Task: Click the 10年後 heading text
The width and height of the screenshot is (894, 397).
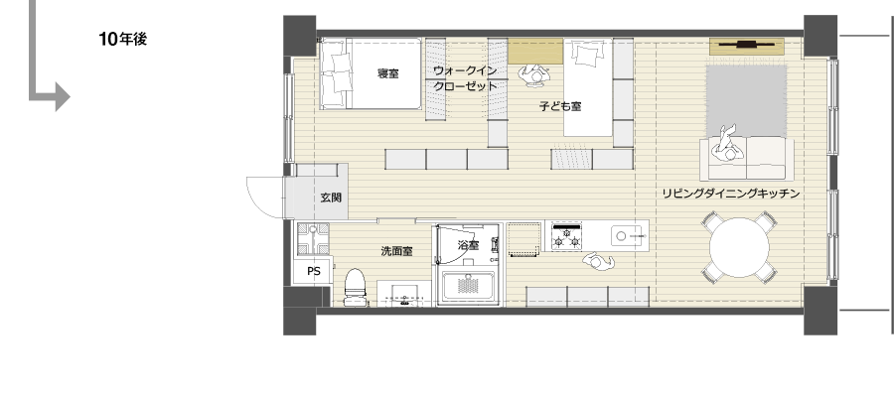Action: (x=122, y=39)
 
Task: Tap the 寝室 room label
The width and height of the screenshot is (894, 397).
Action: (x=387, y=72)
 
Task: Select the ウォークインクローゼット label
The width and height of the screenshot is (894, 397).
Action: (x=465, y=78)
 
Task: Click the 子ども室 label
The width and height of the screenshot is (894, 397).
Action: (x=560, y=106)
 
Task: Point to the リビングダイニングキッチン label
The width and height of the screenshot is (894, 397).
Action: (x=731, y=194)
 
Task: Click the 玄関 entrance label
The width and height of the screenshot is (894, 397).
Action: (x=331, y=198)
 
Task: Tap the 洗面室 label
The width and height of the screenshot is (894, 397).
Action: (x=396, y=251)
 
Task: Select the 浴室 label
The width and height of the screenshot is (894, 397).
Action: (x=469, y=245)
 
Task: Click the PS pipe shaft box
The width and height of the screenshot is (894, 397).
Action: (x=313, y=271)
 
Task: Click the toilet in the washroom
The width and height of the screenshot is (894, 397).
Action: (x=356, y=287)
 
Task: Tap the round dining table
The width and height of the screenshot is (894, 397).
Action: (x=739, y=248)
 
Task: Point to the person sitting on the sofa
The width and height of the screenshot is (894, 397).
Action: (x=727, y=144)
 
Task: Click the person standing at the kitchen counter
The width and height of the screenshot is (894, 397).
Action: (x=598, y=261)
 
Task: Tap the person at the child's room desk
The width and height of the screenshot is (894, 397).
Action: (x=534, y=75)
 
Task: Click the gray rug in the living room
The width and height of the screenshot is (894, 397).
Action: (x=746, y=100)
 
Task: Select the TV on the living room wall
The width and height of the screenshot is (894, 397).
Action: (x=746, y=44)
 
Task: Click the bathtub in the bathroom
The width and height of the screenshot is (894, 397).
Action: (x=469, y=287)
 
